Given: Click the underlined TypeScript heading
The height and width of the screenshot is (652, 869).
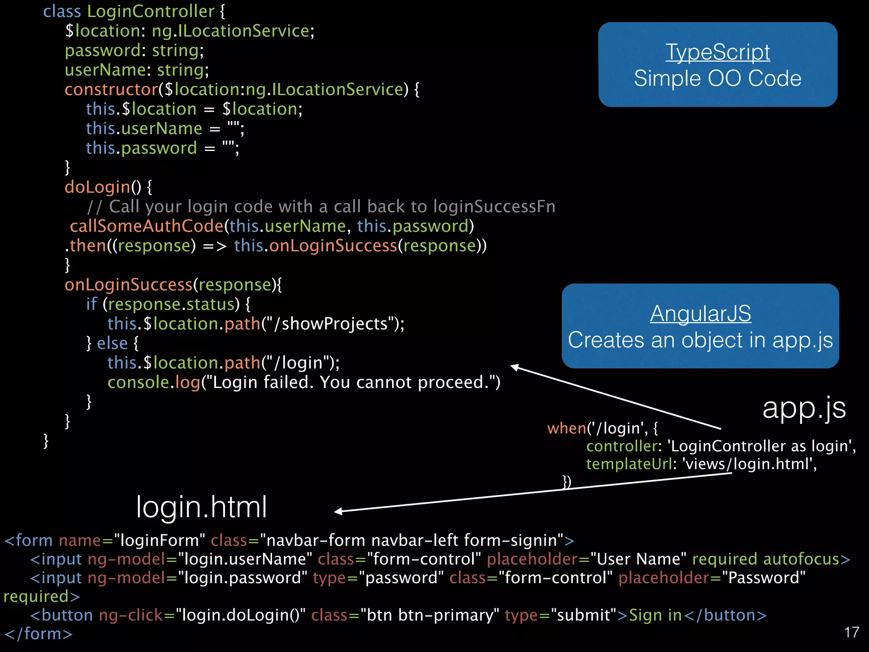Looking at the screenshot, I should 718,53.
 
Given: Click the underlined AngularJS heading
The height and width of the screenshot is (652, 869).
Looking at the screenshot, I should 700,314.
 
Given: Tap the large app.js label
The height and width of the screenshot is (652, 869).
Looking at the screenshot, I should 804,408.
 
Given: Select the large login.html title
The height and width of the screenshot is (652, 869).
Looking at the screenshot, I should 202,507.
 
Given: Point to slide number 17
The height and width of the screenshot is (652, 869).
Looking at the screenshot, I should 852,632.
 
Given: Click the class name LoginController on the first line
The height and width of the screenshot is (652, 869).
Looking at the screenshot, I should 151,11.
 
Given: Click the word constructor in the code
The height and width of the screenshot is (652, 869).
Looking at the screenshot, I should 111,90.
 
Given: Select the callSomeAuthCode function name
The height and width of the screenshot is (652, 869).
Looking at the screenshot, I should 146,226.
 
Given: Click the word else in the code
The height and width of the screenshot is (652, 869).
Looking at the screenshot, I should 112,343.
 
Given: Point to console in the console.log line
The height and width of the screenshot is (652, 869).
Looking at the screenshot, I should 138,382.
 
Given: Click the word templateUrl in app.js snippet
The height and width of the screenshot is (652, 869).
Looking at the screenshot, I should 629,464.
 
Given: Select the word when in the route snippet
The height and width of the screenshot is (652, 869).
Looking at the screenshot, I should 566,428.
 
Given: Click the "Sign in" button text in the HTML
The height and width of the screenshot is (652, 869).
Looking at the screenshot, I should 655,615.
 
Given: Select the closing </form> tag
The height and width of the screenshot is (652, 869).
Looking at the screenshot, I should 39,634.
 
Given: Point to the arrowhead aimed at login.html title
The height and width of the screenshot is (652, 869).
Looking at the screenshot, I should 338,511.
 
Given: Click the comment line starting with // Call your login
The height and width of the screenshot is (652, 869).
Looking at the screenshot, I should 321,207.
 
